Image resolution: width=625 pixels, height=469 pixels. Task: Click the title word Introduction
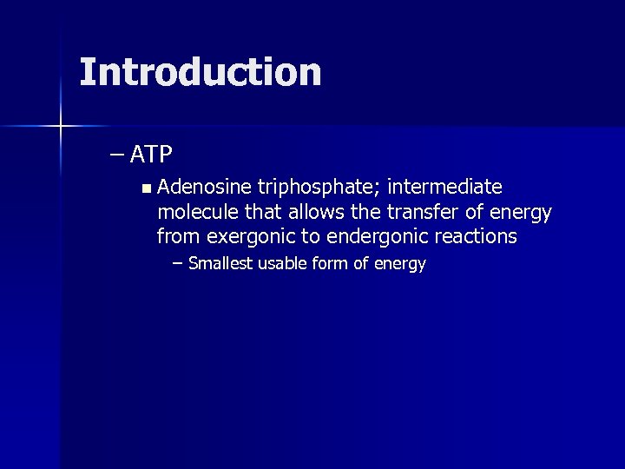coord(200,72)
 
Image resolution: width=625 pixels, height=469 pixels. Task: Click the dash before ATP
coord(117,155)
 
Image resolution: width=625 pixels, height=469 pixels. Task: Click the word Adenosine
coord(205,187)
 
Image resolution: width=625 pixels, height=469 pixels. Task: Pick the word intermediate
coord(446,187)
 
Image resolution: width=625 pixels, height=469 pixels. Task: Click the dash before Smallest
coord(178,263)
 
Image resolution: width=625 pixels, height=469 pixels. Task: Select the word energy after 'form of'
coord(400,264)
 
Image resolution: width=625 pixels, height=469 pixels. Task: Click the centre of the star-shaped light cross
coord(61,127)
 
